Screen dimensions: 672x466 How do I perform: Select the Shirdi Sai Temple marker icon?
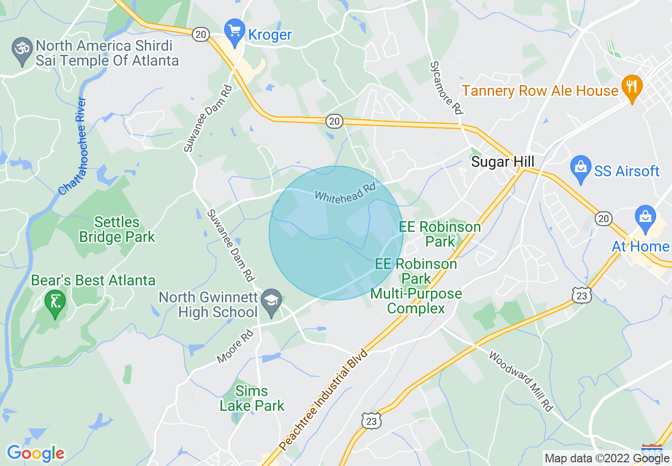[x=22, y=52]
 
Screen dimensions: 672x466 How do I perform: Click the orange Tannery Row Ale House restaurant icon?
[x=631, y=87]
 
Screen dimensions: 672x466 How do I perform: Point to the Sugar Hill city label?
[x=502, y=162]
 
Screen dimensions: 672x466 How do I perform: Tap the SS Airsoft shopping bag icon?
[x=581, y=168]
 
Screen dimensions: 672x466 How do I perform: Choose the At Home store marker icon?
[x=646, y=219]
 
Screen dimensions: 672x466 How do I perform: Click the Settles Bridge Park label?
[x=117, y=229]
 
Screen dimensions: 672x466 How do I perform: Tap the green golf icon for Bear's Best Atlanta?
[x=55, y=302]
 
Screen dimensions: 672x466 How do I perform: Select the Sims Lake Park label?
[x=252, y=399]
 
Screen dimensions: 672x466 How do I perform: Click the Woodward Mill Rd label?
[x=520, y=380]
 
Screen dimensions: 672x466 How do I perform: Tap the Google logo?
[x=36, y=453]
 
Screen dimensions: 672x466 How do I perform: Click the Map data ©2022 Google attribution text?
[x=607, y=459]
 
